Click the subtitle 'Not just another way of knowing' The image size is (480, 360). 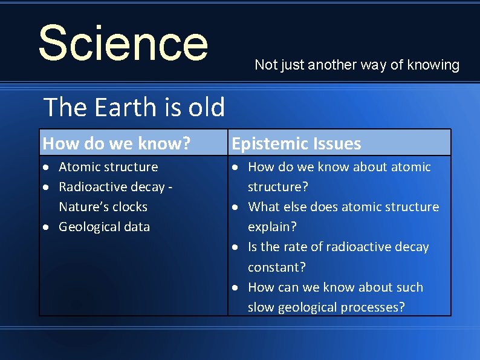357,65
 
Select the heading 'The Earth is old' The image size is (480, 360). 134,108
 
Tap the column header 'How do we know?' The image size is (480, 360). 117,143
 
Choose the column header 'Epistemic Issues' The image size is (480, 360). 296,143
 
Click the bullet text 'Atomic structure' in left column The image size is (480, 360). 108,167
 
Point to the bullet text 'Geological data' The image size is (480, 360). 104,227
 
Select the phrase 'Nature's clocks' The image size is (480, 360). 103,207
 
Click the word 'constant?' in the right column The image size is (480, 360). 277,267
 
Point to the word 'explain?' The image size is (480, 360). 272,227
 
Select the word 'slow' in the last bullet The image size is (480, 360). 261,307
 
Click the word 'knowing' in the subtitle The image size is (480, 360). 434,65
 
